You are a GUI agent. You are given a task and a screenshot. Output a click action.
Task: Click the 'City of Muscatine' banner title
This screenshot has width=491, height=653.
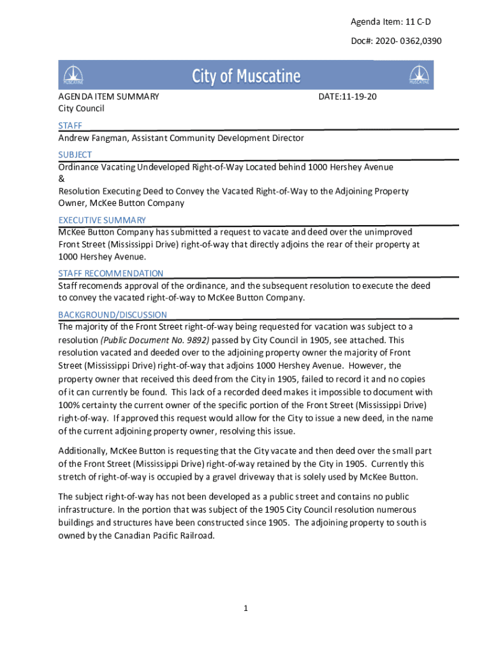(246, 77)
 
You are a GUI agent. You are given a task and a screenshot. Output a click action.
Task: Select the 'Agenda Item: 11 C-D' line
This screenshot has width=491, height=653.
(395, 22)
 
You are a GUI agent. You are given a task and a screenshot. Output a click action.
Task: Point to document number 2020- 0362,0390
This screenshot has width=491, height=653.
(396, 41)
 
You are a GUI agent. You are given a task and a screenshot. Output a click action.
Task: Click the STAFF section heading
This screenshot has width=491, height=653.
(70, 126)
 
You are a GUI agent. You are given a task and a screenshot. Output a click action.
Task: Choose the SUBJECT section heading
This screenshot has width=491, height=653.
(75, 154)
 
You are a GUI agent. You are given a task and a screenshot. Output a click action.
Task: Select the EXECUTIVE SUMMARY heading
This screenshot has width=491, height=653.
(102, 220)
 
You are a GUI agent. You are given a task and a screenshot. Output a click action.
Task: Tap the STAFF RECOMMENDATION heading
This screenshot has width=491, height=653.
(111, 274)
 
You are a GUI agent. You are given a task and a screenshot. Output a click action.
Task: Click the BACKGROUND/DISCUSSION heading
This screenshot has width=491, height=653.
(113, 314)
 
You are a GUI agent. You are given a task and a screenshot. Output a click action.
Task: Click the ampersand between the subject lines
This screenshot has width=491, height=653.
(61, 179)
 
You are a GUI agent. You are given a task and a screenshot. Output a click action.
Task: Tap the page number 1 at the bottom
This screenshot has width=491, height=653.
(245, 608)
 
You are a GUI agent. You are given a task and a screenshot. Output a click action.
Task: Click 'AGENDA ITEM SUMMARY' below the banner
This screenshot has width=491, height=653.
(108, 96)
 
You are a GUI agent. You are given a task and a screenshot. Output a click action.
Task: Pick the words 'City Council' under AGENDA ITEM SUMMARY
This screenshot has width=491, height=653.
(82, 108)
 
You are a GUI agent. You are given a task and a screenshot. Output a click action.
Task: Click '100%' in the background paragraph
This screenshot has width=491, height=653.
(70, 405)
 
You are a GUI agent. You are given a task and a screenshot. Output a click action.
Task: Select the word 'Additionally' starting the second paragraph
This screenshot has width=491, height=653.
(84, 450)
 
